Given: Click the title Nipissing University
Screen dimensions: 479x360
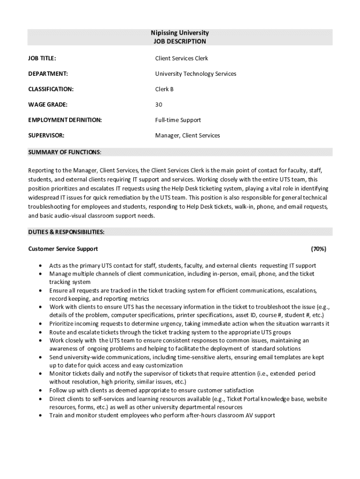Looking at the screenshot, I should pos(180,33).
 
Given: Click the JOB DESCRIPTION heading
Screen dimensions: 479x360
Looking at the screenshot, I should pos(180,42).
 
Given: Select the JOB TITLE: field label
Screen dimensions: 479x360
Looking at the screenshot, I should pos(42,58).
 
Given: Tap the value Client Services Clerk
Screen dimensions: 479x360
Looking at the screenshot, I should pos(181,58).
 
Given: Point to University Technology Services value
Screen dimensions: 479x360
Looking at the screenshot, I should pos(195,74).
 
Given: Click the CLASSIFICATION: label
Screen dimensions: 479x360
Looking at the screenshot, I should pos(51,89).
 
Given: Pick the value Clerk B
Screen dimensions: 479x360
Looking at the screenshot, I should pos(164,89).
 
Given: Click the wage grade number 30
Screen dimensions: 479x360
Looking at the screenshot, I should pos(159,105).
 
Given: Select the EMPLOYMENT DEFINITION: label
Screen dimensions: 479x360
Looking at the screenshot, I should pos(65,120).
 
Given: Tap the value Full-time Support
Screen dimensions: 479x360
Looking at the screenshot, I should pos(178,120).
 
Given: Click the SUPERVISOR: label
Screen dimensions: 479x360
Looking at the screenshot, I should pos(46,136).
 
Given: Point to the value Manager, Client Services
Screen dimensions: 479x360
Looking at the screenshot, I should pos(187,136).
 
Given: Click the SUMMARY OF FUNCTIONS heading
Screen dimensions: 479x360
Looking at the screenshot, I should pos(64,152).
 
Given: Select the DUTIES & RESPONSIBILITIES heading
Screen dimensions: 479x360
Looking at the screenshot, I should pos(66,232).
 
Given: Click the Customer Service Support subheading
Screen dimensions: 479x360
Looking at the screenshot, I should pos(63,249).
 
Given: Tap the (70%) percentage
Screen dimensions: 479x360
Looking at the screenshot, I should pos(318,249).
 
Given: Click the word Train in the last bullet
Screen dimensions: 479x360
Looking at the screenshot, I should pos(56,415).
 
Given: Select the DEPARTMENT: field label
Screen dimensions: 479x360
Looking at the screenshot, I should pos(48,74).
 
